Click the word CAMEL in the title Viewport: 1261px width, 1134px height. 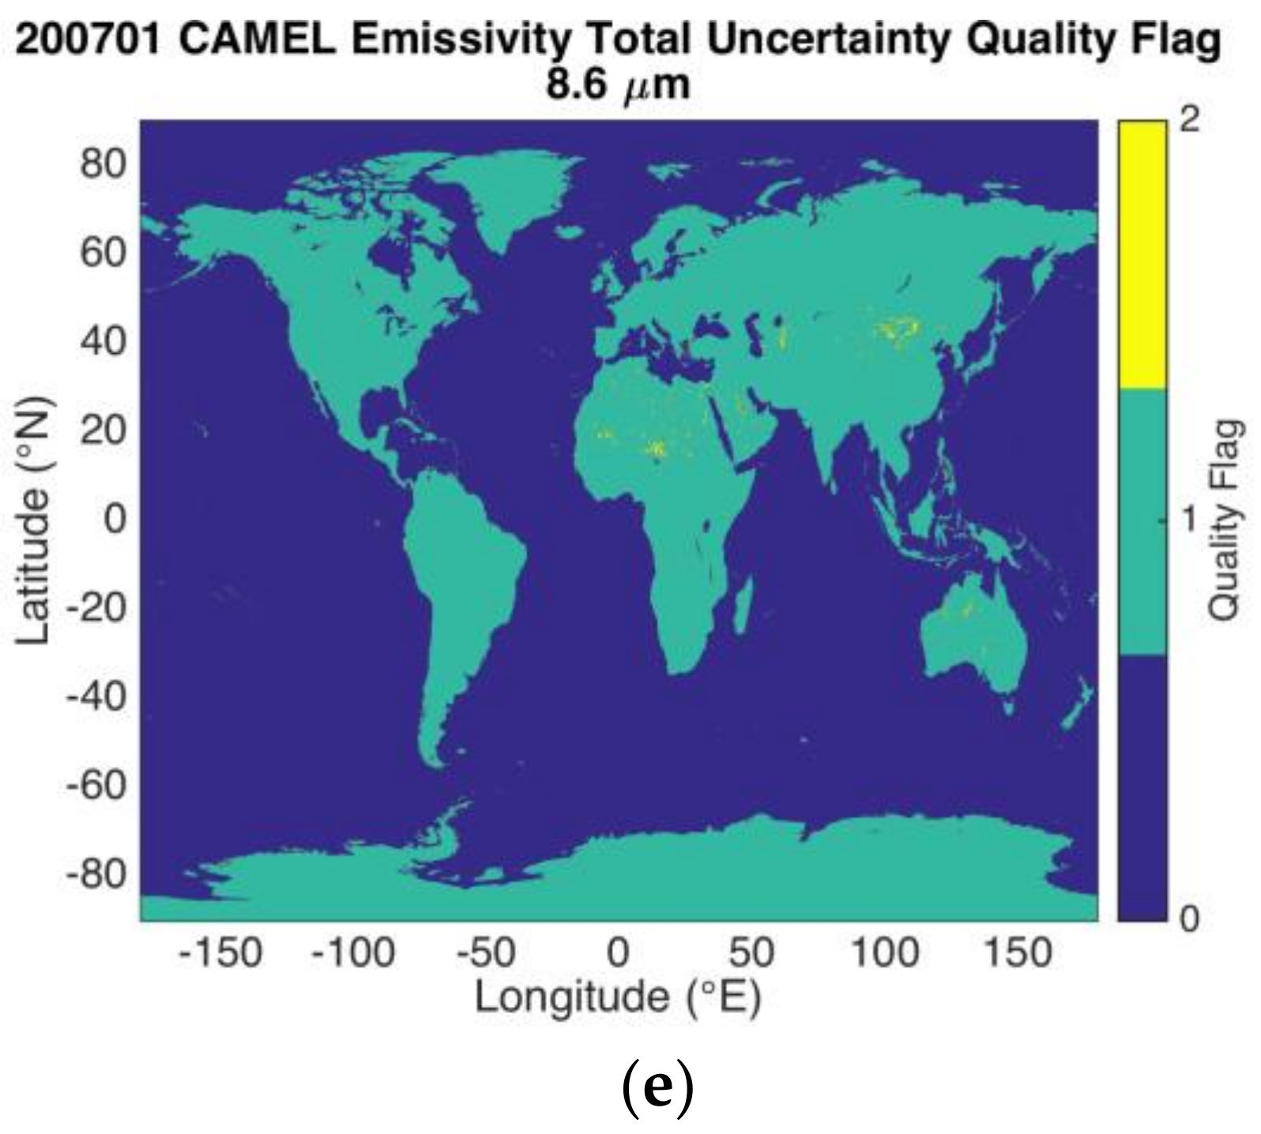point(258,40)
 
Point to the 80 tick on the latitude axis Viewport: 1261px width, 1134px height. point(103,164)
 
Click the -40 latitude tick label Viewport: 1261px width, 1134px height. point(96,697)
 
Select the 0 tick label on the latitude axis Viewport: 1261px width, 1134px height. point(115,519)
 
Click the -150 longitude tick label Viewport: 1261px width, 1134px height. point(220,952)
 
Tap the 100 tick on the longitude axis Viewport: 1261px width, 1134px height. point(884,952)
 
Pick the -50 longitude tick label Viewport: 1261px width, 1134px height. point(487,952)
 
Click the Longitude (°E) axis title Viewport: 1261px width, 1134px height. point(618,997)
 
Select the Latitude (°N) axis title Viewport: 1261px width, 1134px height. point(35,520)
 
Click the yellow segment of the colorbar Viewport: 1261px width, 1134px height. point(1142,253)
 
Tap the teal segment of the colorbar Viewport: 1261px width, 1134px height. point(1142,521)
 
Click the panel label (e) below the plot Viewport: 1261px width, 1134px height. point(657,1088)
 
